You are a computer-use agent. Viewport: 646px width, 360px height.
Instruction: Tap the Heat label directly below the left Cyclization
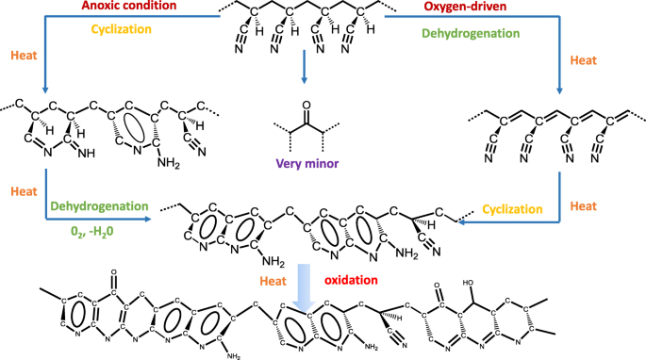[24, 55]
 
